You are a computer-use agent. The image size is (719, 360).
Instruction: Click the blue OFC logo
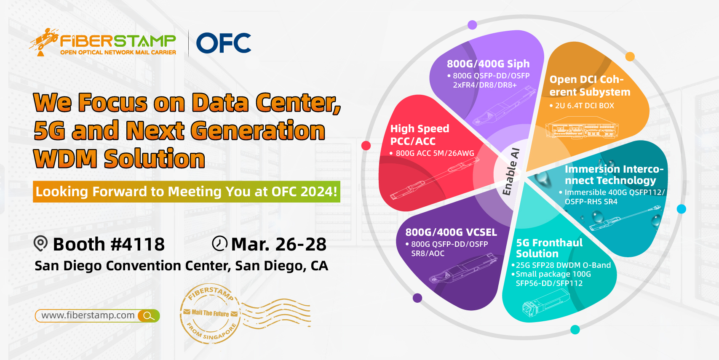(x=223, y=43)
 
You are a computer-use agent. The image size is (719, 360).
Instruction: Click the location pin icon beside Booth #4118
(x=40, y=243)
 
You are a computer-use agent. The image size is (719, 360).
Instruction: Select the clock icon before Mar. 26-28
(x=219, y=243)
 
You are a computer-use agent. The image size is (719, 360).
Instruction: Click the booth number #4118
(x=137, y=244)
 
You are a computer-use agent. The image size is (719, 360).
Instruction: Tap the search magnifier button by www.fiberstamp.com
(x=148, y=316)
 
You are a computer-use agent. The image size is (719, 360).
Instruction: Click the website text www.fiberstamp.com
(x=88, y=315)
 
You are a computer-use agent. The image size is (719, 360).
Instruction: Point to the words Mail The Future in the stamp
(x=210, y=313)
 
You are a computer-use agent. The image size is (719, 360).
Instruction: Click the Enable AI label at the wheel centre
(x=511, y=172)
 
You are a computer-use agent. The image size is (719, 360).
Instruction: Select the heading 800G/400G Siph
(x=488, y=64)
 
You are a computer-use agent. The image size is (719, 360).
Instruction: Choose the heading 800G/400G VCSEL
(x=451, y=232)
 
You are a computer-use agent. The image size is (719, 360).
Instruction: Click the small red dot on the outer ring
(x=366, y=145)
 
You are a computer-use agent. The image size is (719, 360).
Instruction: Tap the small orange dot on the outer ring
(x=630, y=56)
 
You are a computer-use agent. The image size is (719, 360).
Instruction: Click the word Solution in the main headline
(x=155, y=158)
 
